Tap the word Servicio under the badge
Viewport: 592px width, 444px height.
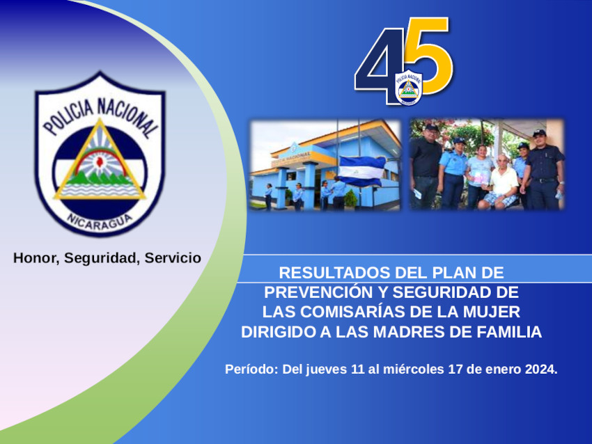point(173,258)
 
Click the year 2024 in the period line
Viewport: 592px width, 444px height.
point(541,369)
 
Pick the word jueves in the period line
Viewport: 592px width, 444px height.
point(326,370)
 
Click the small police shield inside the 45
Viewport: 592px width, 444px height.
point(409,88)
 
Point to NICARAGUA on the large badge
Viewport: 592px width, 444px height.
point(100,221)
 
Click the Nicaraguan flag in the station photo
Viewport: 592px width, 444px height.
point(361,171)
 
